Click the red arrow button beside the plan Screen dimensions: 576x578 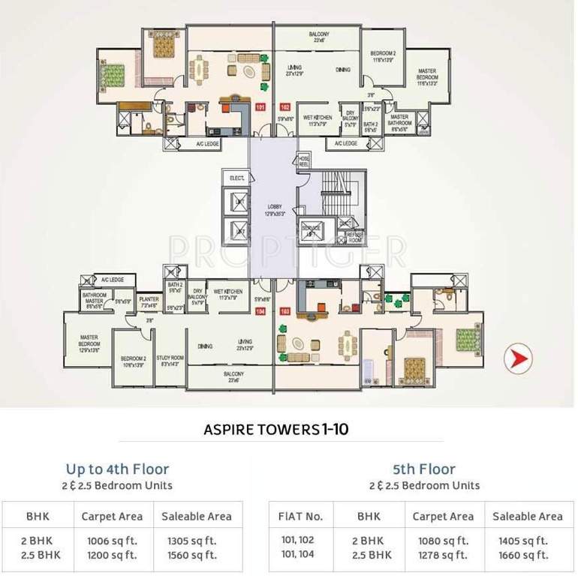517,358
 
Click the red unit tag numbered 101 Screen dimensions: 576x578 260,107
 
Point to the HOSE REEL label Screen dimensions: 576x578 304,160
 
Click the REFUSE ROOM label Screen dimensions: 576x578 354,237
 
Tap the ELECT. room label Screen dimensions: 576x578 239,178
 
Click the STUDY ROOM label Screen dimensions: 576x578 173,360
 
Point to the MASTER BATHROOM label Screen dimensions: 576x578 399,120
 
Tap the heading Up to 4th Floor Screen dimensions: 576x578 117,470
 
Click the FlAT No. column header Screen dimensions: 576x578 300,516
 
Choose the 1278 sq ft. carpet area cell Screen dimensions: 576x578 443,555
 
